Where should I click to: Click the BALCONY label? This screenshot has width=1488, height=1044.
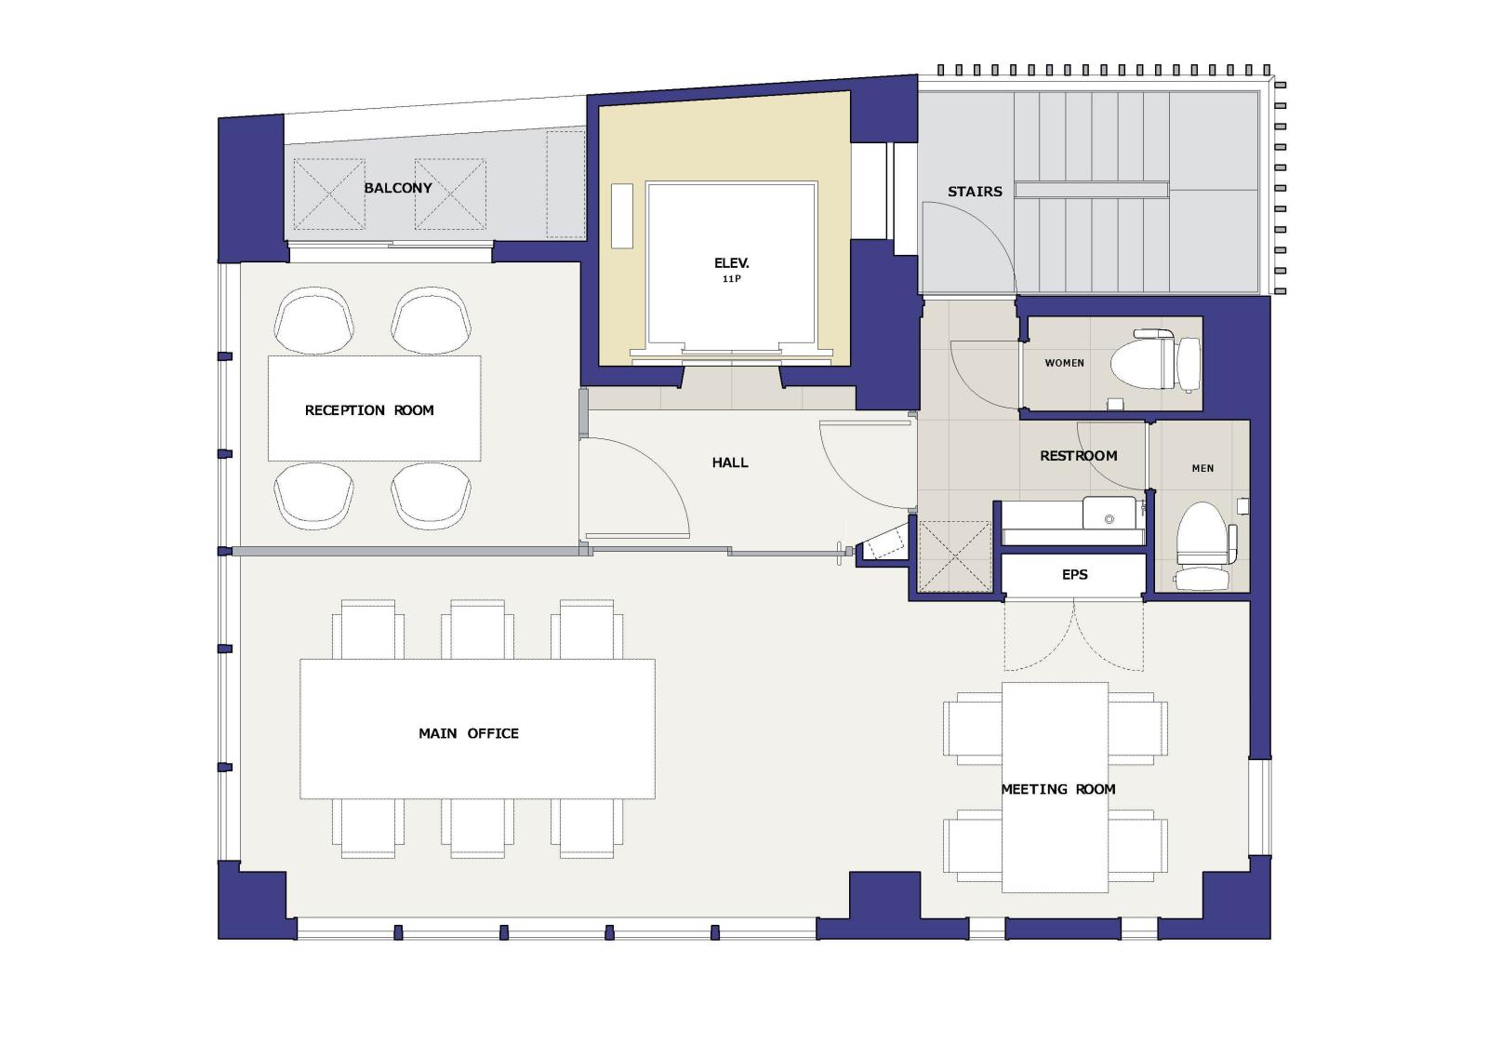(398, 188)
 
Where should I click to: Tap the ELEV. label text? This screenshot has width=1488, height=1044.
(731, 263)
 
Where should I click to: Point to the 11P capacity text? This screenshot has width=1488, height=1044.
(731, 279)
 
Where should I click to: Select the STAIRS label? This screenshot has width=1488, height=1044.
(975, 192)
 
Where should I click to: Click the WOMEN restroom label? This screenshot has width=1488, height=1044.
(1064, 363)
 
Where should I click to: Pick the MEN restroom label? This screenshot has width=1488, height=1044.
(1203, 469)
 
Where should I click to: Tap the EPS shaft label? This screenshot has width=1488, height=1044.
(1075, 575)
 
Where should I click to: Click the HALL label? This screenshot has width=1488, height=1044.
(730, 462)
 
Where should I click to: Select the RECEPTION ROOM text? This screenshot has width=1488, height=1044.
(369, 410)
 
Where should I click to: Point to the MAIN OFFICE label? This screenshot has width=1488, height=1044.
(469, 733)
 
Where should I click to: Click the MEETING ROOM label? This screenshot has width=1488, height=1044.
(1058, 789)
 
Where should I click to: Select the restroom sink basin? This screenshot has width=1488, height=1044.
(1109, 513)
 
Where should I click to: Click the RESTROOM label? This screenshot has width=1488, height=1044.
(1078, 457)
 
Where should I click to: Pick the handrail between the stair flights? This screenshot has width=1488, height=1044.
(1092, 191)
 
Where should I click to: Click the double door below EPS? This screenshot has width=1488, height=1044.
(1074, 635)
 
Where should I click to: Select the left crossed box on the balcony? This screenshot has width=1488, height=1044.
(329, 194)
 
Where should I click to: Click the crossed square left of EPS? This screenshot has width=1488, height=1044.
(954, 556)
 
